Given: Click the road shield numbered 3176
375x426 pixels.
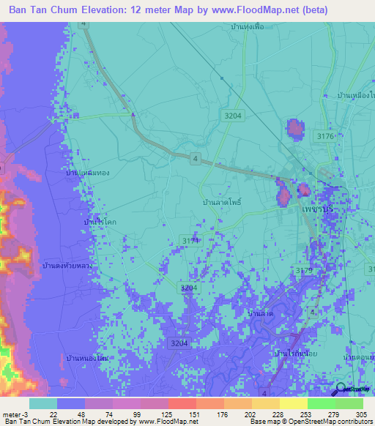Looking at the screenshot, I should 324,135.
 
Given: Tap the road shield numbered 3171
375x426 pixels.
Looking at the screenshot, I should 190,240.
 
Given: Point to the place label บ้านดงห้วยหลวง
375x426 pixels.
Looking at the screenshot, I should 67,266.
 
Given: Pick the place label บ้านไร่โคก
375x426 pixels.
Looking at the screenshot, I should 97,220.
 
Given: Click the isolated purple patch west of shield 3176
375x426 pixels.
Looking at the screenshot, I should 294,129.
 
